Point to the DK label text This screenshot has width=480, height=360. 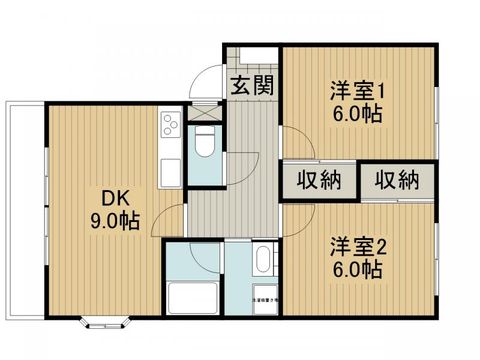point(114,197)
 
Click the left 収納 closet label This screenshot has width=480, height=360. point(319,180)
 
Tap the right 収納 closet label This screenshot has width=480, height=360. point(397,180)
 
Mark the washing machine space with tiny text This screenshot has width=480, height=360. point(264,299)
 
